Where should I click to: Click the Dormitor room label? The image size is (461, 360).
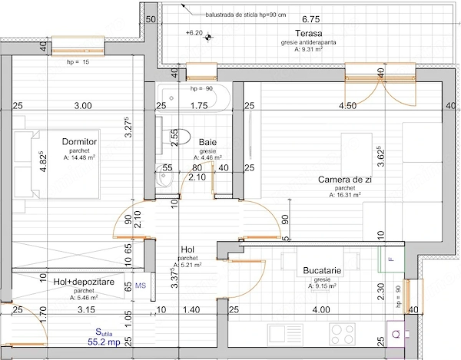[79, 142]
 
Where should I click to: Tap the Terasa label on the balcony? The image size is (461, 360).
[308, 33]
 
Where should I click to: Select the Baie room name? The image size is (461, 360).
[207, 142]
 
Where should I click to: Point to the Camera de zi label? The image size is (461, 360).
[345, 180]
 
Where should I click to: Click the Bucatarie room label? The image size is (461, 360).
[322, 270]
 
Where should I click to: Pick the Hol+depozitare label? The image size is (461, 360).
[84, 282]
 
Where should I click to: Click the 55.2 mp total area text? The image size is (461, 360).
[104, 342]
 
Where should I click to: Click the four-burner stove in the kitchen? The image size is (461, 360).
[342, 334]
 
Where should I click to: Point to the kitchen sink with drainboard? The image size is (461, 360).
[285, 334]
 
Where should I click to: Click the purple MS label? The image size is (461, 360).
[141, 286]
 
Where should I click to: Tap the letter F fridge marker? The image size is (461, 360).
[391, 259]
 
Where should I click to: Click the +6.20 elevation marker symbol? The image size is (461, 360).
[208, 37]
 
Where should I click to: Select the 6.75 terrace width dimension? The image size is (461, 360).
[310, 19]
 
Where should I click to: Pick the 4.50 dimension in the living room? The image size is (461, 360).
[347, 105]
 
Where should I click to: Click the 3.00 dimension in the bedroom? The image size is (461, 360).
[83, 105]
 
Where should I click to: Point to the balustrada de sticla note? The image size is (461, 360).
[246, 15]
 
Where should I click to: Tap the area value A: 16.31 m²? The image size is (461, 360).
[345, 194]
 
